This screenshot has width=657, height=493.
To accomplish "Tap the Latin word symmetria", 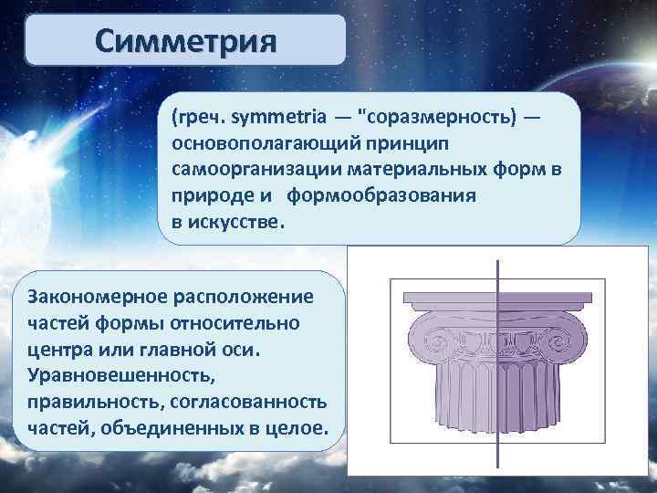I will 273,118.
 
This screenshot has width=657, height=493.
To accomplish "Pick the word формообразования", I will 383,197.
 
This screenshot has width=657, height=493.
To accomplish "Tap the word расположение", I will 245,298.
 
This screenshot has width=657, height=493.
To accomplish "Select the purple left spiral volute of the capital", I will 425,348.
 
